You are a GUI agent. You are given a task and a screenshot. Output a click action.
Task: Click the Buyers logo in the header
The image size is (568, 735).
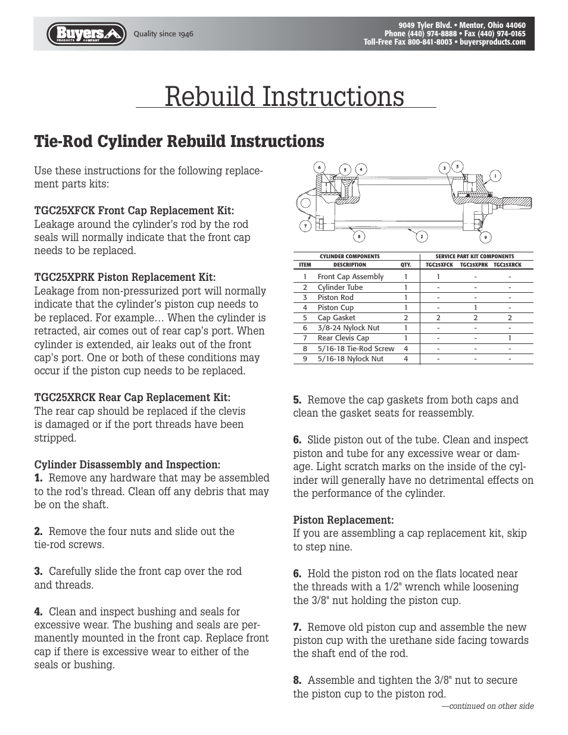click(86, 34)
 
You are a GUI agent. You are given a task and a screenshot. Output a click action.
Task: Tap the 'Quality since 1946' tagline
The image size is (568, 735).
click(163, 34)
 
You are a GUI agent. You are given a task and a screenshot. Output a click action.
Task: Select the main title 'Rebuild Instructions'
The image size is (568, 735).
click(285, 96)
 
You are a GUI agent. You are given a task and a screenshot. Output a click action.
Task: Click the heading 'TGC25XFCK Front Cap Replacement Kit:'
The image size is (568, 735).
click(134, 211)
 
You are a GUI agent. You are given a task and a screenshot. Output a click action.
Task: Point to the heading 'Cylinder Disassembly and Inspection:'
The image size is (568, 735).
click(127, 464)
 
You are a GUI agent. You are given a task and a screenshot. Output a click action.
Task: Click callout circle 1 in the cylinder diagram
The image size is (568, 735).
click(495, 176)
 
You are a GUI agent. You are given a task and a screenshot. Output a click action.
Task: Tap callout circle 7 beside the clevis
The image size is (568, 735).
click(305, 226)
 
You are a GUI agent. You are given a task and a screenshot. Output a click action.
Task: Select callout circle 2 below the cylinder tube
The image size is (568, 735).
click(422, 237)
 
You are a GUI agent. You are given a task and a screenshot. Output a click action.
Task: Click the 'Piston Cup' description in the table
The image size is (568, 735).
click(335, 308)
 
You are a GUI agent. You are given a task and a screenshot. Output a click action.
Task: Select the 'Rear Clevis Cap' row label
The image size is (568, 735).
click(343, 338)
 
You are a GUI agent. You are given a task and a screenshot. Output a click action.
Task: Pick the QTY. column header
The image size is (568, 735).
click(406, 265)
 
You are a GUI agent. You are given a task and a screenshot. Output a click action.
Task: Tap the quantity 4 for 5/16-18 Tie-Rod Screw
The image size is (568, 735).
click(406, 349)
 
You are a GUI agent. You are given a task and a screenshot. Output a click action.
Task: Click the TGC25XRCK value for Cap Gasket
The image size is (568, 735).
click(510, 318)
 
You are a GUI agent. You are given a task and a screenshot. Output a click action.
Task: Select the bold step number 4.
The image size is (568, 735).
click(39, 612)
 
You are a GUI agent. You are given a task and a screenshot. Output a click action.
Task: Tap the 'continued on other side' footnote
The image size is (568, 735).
click(488, 706)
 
